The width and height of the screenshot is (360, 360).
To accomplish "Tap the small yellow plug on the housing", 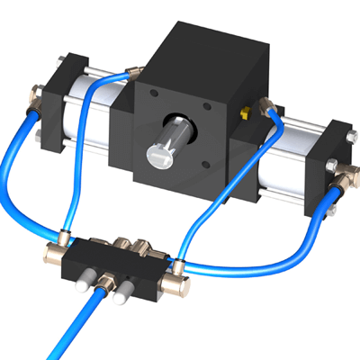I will pyautogui.click(x=244, y=115).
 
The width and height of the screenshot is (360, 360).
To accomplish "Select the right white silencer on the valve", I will pyautogui.click(x=125, y=292).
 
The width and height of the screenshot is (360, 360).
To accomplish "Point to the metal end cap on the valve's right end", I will pyautogui.click(x=176, y=287).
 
